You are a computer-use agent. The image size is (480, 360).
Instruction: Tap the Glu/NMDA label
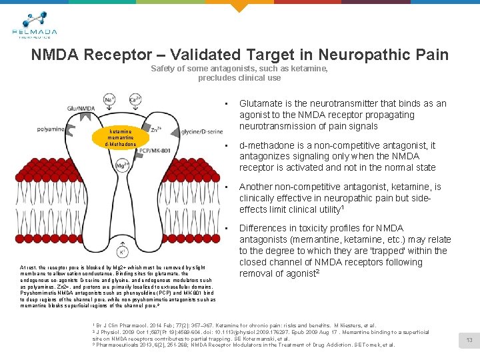click(x=79, y=109)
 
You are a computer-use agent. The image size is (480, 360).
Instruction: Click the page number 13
click(x=469, y=340)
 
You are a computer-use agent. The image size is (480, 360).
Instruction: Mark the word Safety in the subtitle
click(x=163, y=69)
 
